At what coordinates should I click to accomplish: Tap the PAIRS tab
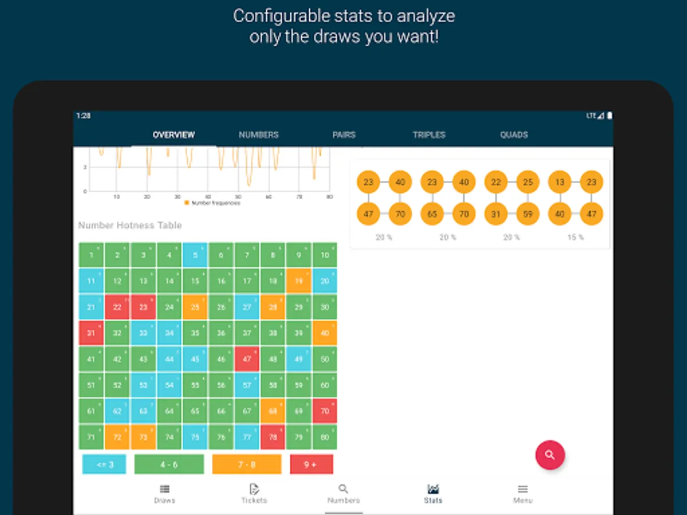[x=343, y=135]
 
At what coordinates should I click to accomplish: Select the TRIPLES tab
[x=429, y=135]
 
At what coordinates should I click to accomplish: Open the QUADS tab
[x=514, y=135]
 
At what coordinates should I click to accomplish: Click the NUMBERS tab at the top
[x=259, y=135]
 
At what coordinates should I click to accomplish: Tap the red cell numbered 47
[x=247, y=359]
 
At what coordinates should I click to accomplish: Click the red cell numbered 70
[x=325, y=410]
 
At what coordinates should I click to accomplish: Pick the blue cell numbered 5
[x=195, y=255]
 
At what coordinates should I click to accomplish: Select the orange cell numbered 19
[x=298, y=281]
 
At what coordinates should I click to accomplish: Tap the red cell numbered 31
[x=91, y=332]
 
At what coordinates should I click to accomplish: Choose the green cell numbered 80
[x=325, y=437]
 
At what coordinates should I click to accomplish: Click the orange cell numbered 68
[x=273, y=410]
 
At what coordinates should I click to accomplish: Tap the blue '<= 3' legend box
[x=104, y=464]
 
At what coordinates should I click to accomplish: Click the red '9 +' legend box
[x=311, y=464]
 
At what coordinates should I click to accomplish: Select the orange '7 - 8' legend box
[x=247, y=464]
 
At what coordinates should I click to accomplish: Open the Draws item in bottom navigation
[x=164, y=493]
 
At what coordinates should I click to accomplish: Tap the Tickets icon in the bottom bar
[x=254, y=493]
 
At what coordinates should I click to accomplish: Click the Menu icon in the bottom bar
[x=523, y=493]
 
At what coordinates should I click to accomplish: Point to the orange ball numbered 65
[x=432, y=215]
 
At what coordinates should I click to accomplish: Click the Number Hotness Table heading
[x=130, y=225]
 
